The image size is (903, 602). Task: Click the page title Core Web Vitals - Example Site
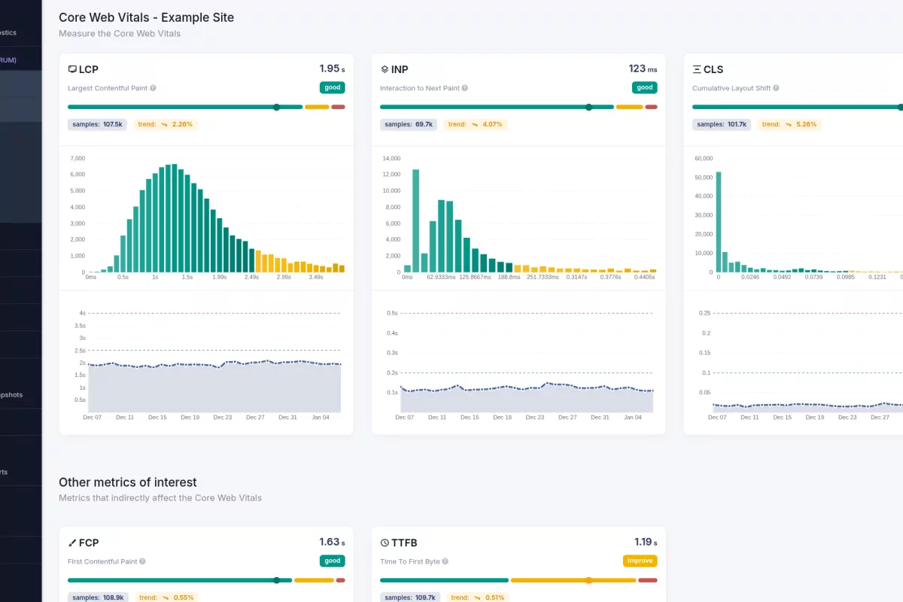click(146, 17)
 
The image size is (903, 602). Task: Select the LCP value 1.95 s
click(332, 68)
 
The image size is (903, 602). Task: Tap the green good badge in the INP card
click(644, 87)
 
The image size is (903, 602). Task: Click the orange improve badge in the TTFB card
click(640, 561)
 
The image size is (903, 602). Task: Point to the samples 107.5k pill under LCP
click(97, 124)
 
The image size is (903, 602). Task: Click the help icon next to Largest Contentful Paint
click(153, 88)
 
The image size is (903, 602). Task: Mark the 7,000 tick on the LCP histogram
click(78, 158)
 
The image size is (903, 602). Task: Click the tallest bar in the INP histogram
click(416, 220)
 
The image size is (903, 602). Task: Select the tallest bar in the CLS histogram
click(719, 222)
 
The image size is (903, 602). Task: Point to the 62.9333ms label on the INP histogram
click(442, 277)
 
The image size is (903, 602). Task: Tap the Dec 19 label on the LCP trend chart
click(190, 417)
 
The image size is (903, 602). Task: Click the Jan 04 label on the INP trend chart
click(633, 417)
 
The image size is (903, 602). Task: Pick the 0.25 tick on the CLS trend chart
click(704, 313)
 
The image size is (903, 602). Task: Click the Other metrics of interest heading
click(127, 482)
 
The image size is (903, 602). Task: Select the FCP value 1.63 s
click(332, 542)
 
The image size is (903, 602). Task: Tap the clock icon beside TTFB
click(385, 543)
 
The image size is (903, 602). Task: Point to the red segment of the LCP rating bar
click(338, 107)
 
